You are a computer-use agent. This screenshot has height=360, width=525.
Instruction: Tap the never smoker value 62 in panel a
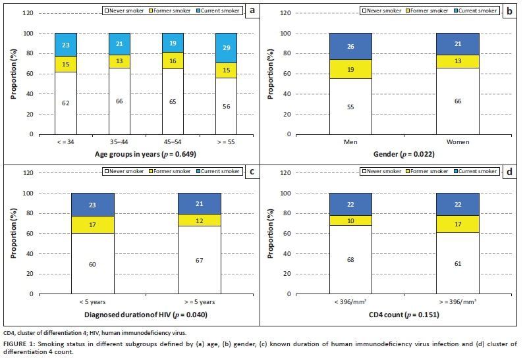click(66, 103)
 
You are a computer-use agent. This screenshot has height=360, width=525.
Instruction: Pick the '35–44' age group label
click(111, 143)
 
